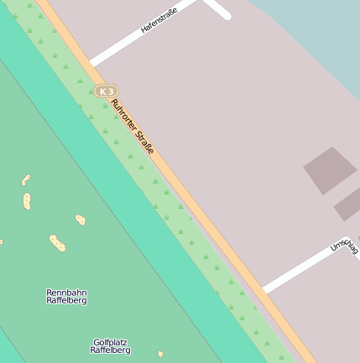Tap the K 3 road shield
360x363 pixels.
point(106,91)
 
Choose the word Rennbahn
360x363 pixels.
point(66,293)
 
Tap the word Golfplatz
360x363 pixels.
point(110,342)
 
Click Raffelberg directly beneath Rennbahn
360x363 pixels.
point(66,300)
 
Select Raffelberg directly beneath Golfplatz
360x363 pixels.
point(110,350)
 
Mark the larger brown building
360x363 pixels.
point(330,170)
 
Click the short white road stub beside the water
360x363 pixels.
point(220,9)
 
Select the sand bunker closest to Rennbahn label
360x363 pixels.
point(57,242)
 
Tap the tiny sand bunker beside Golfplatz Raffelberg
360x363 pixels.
point(160,354)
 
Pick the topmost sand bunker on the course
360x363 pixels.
point(26,179)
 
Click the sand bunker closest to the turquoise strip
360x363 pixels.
point(80,220)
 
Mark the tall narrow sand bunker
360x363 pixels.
point(27,201)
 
